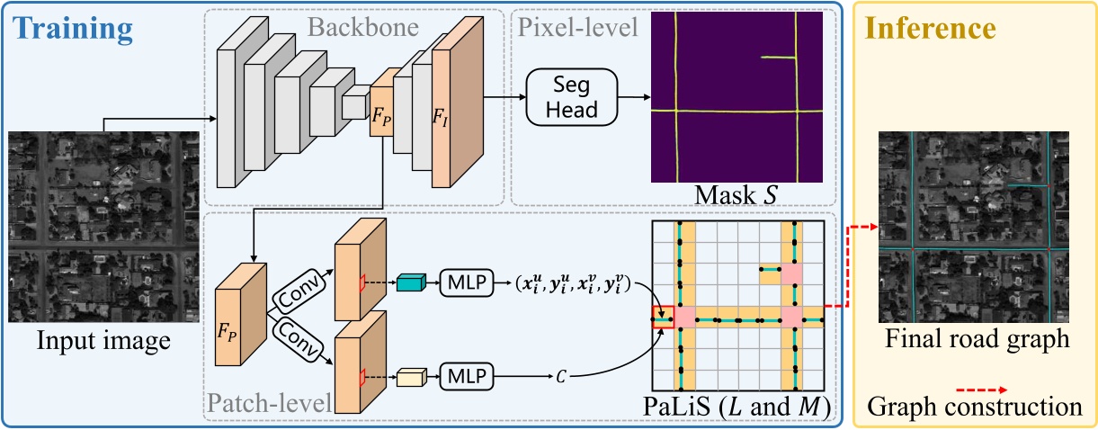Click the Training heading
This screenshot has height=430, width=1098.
pyautogui.click(x=73, y=29)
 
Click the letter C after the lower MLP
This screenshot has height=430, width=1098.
pyautogui.click(x=560, y=373)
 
